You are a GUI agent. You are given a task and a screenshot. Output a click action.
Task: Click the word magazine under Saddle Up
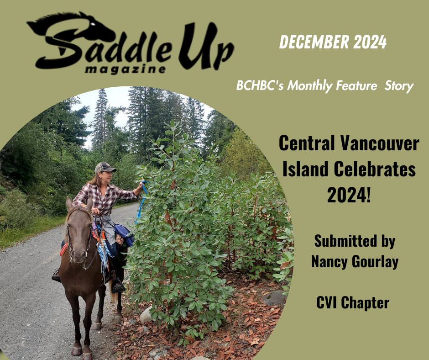(x=126, y=69)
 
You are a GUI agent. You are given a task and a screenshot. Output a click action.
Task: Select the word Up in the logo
(x=206, y=46)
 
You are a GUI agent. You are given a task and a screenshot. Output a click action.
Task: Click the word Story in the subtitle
(x=399, y=86)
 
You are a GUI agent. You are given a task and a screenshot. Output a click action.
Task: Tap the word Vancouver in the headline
(x=380, y=143)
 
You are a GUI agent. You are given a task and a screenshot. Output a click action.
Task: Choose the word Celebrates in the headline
(x=375, y=169)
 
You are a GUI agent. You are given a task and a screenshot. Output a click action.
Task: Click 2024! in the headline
(x=349, y=195)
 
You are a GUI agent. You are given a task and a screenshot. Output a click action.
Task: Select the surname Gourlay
(x=375, y=262)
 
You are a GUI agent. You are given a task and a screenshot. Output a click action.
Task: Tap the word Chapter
(x=365, y=303)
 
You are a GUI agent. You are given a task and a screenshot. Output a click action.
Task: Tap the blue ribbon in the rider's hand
(x=142, y=200)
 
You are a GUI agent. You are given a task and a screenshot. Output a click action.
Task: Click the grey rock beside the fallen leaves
(x=274, y=298)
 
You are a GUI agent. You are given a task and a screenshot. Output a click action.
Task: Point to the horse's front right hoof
(x=76, y=351)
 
